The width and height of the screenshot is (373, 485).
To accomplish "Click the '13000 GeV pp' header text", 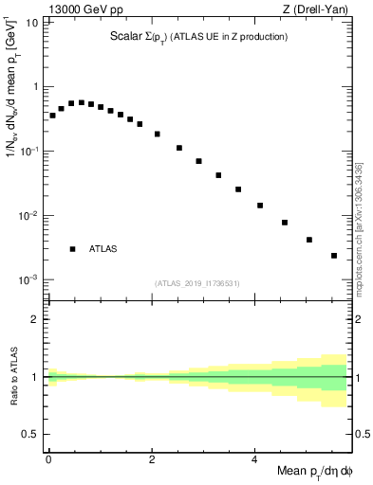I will pyautogui.click(x=83, y=9).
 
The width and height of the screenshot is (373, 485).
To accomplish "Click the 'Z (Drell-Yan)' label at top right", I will pyautogui.click(x=322, y=9).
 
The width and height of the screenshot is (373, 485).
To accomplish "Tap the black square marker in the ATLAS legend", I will pyautogui.click(x=72, y=249).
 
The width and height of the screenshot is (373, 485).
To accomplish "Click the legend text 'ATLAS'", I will pyautogui.click(x=103, y=249).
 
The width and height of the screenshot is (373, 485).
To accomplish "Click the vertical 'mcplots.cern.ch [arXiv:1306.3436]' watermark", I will pyautogui.click(x=358, y=227).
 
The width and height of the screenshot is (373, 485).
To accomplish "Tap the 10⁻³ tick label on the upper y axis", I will pyautogui.click(x=28, y=280).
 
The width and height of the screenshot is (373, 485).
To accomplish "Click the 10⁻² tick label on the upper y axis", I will pyautogui.click(x=28, y=216).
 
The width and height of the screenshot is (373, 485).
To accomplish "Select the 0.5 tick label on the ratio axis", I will pyautogui.click(x=30, y=435).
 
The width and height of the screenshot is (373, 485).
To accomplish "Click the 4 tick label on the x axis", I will pyautogui.click(x=255, y=458).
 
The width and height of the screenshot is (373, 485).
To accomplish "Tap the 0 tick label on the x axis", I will pyautogui.click(x=48, y=458).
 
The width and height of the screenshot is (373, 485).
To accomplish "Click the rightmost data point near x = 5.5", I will pyautogui.click(x=334, y=256).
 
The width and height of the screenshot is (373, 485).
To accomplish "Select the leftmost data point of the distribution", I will pyautogui.click(x=52, y=116).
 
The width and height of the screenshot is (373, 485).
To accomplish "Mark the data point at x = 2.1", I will pyautogui.click(x=157, y=134).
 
